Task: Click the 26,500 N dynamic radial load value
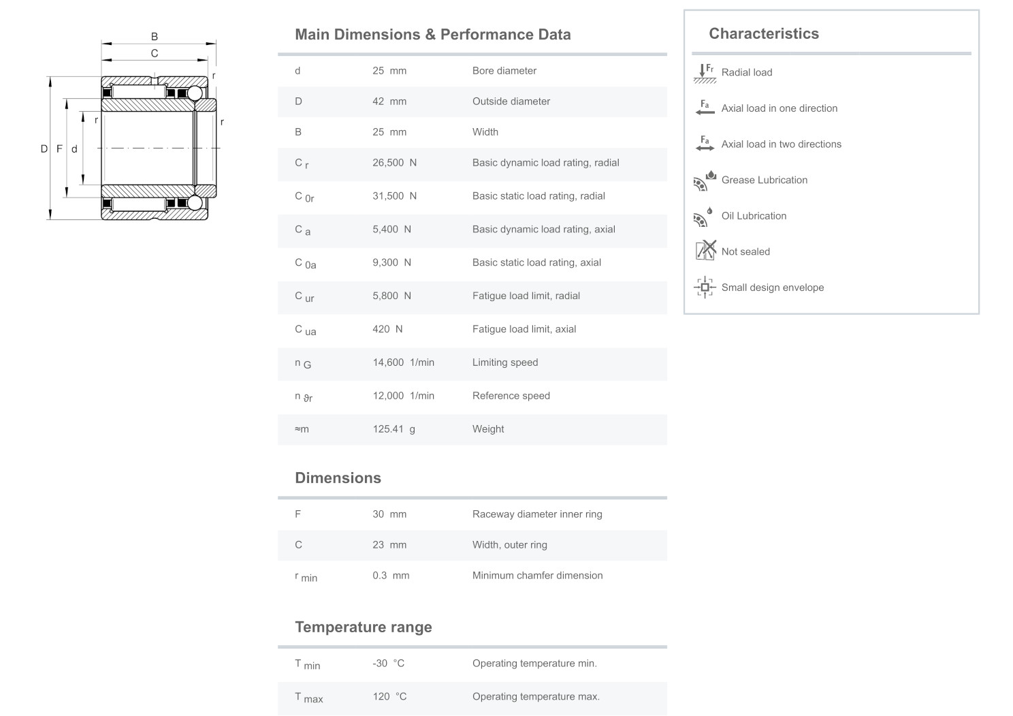tap(394, 163)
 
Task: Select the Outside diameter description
tap(511, 102)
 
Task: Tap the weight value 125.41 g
tap(393, 429)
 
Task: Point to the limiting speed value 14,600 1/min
tap(403, 362)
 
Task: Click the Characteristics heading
tap(763, 34)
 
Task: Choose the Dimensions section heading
tap(338, 478)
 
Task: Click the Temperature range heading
tap(363, 627)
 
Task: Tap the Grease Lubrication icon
tap(705, 181)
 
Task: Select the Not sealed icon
tap(705, 251)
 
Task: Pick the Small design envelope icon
tap(705, 287)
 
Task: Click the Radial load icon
tap(705, 72)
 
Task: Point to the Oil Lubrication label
tap(754, 216)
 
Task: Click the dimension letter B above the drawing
tap(155, 37)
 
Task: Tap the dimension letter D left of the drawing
tap(44, 149)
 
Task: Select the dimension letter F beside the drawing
tap(59, 149)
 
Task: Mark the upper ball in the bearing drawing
tap(195, 93)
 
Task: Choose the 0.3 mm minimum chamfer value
tap(391, 576)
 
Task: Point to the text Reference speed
tap(511, 396)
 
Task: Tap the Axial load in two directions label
tap(781, 144)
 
